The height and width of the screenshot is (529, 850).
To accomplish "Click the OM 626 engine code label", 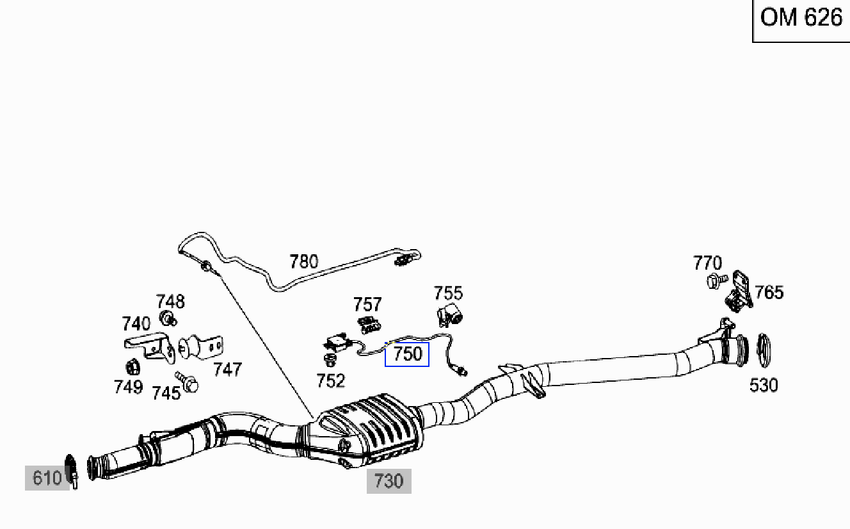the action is click(801, 18).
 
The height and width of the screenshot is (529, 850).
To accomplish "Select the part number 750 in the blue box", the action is click(408, 354).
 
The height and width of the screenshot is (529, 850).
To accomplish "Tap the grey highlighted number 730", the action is click(389, 481).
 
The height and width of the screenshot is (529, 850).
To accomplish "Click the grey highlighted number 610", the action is click(47, 478).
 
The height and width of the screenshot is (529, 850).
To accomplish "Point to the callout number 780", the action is click(303, 262).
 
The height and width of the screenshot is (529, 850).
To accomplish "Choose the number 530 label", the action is click(764, 385).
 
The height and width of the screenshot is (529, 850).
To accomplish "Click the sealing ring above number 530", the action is click(764, 350).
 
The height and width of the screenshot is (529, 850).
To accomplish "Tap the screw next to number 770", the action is click(717, 281).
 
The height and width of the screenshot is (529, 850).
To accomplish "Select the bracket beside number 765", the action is click(739, 291).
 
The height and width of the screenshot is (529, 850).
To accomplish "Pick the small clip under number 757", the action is click(369, 325).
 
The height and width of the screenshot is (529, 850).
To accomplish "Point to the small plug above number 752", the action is click(330, 360).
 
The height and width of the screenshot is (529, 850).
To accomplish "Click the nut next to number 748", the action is click(168, 318).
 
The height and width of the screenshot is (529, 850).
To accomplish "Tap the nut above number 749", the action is click(132, 366).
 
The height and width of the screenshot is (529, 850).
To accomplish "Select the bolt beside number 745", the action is click(187, 382).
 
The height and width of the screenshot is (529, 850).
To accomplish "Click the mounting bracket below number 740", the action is click(150, 348).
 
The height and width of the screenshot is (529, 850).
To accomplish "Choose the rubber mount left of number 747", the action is click(200, 346).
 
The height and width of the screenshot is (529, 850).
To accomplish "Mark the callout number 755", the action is click(448, 293).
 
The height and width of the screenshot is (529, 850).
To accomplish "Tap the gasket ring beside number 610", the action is click(71, 470).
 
